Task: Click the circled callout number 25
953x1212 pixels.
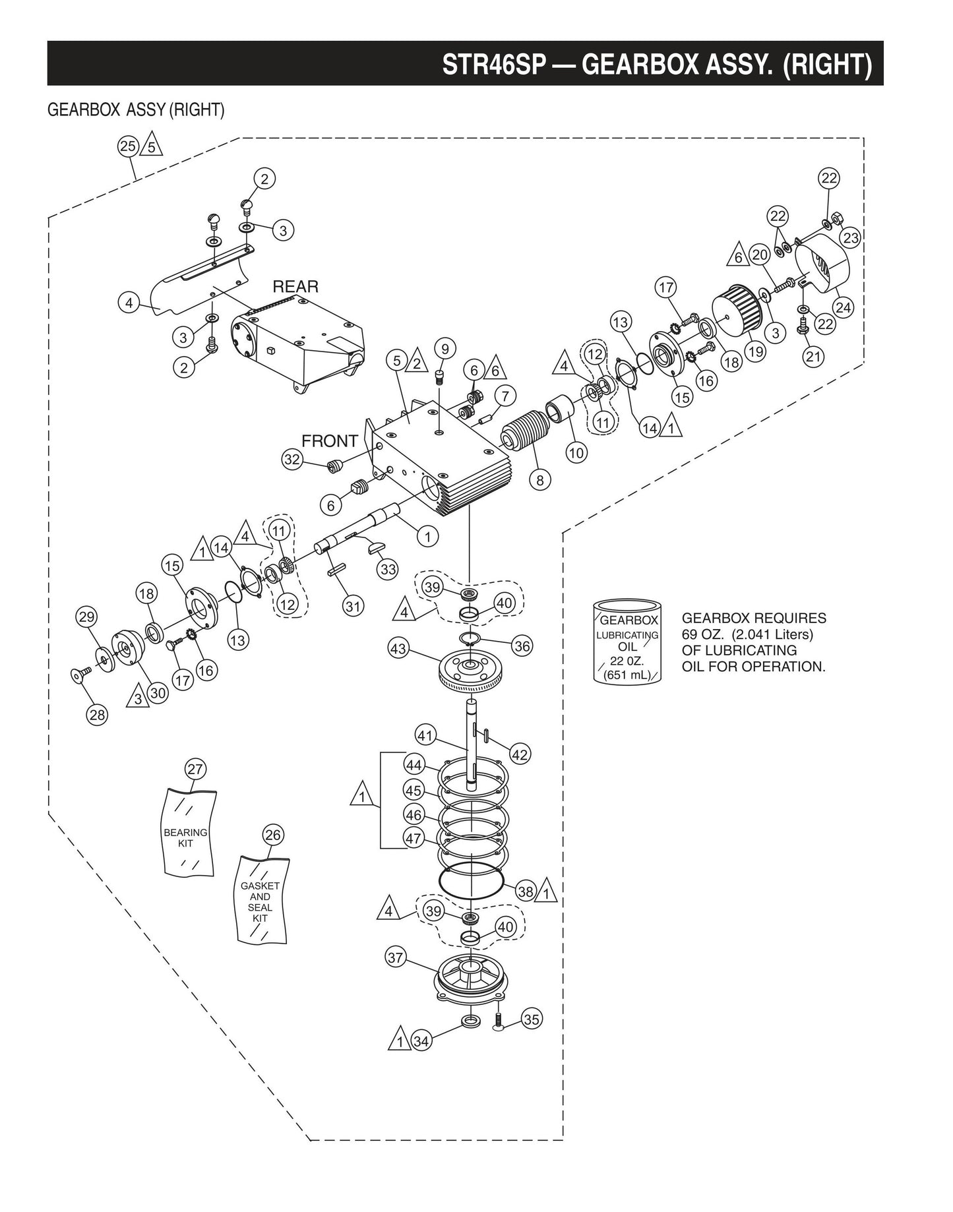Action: pos(128,146)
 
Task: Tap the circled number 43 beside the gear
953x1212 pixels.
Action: pos(398,649)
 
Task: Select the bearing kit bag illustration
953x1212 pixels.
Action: pos(189,833)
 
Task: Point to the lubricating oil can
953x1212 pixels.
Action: pos(627,643)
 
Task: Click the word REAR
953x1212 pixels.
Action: pos(295,287)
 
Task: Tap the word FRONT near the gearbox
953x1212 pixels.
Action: pos(329,440)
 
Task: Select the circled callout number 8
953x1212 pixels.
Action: pos(540,480)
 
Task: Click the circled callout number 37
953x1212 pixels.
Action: pos(395,957)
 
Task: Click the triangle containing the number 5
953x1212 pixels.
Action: pos(152,146)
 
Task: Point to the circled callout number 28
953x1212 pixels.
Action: pos(98,715)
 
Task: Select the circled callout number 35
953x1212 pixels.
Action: pos(531,1019)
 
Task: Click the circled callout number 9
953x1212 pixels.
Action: pos(445,349)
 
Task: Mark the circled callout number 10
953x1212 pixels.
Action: pos(576,453)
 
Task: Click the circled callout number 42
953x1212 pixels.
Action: pos(520,754)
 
